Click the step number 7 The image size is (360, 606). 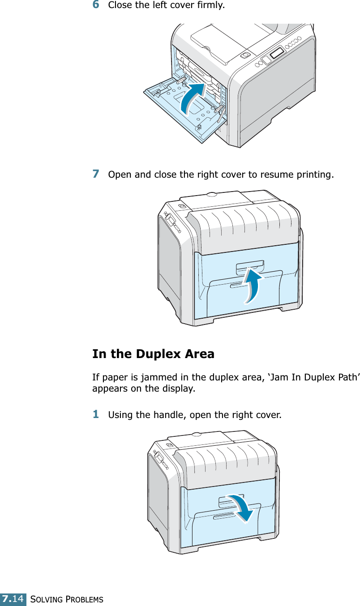click(x=96, y=173)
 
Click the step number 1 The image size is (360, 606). click(x=96, y=414)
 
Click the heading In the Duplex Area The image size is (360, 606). click(x=153, y=354)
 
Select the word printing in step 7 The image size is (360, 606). click(x=317, y=174)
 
